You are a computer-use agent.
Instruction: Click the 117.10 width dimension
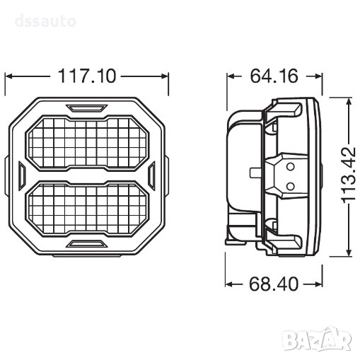(87, 76)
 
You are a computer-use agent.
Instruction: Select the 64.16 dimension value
(274, 76)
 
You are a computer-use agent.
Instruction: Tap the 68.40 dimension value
(274, 284)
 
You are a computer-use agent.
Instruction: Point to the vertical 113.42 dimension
(349, 175)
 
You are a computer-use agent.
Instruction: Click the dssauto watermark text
(45, 21)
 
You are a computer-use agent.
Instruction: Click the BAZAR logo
(318, 339)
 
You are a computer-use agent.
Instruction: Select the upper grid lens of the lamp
(87, 143)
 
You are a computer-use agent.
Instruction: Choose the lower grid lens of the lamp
(87, 209)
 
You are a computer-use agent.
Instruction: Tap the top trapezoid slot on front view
(87, 108)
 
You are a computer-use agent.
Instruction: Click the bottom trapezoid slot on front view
(87, 244)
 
